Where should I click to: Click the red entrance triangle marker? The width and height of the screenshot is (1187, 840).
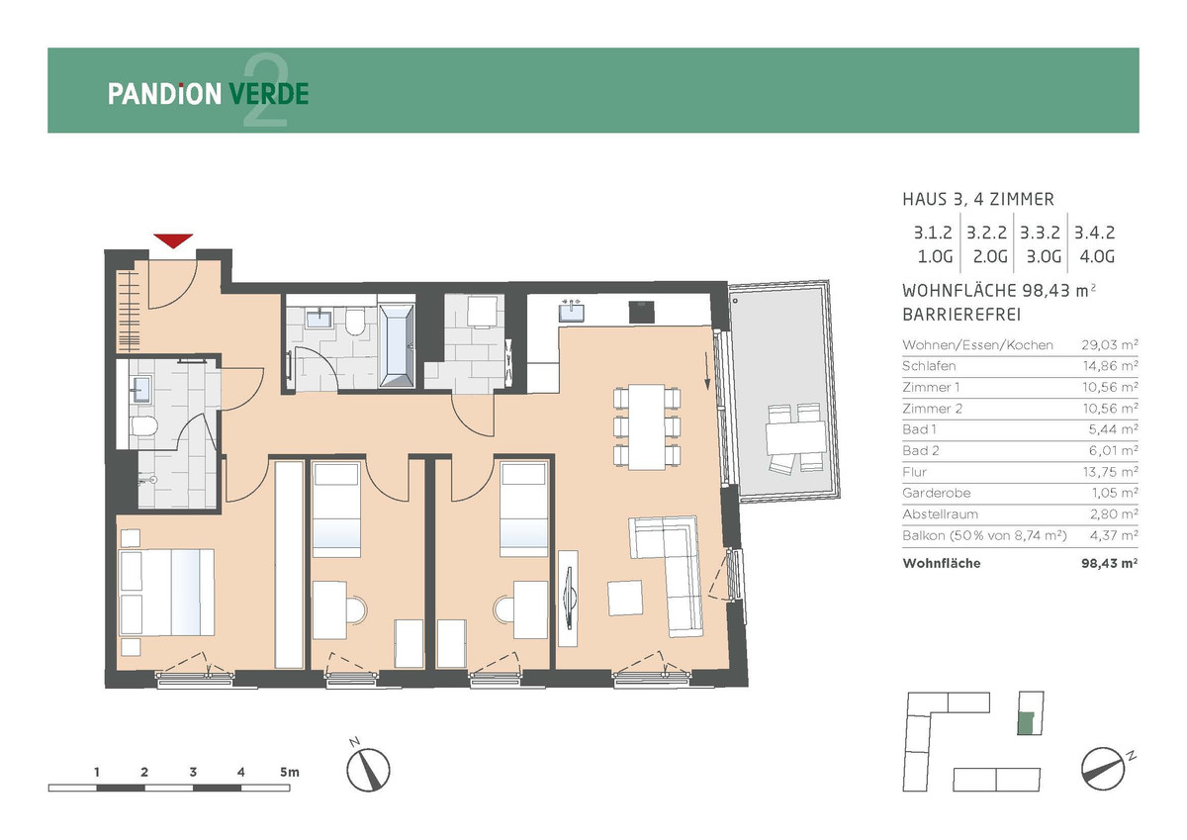point(173,240)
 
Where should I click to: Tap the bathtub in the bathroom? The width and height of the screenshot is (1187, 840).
point(397,345)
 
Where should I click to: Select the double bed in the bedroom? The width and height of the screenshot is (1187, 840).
point(167,592)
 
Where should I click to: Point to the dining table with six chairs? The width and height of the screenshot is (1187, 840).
point(647,427)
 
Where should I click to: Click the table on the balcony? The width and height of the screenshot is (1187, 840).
point(795,437)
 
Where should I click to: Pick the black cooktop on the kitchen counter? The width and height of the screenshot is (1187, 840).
point(641,312)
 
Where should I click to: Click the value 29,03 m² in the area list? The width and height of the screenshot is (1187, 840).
point(1110,345)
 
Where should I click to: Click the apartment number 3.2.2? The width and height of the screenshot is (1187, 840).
point(987,233)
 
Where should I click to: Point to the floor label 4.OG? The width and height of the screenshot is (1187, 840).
point(1097,257)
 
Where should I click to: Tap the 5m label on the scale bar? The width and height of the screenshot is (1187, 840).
point(289,772)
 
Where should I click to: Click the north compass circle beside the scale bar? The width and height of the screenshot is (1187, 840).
point(368,770)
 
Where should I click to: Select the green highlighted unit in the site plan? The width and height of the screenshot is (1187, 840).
point(1026,723)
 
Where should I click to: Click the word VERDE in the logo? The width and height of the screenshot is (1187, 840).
point(269,94)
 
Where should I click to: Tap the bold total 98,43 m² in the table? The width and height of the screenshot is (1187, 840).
point(1110,563)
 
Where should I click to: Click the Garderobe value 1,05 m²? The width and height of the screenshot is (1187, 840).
point(1115,493)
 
